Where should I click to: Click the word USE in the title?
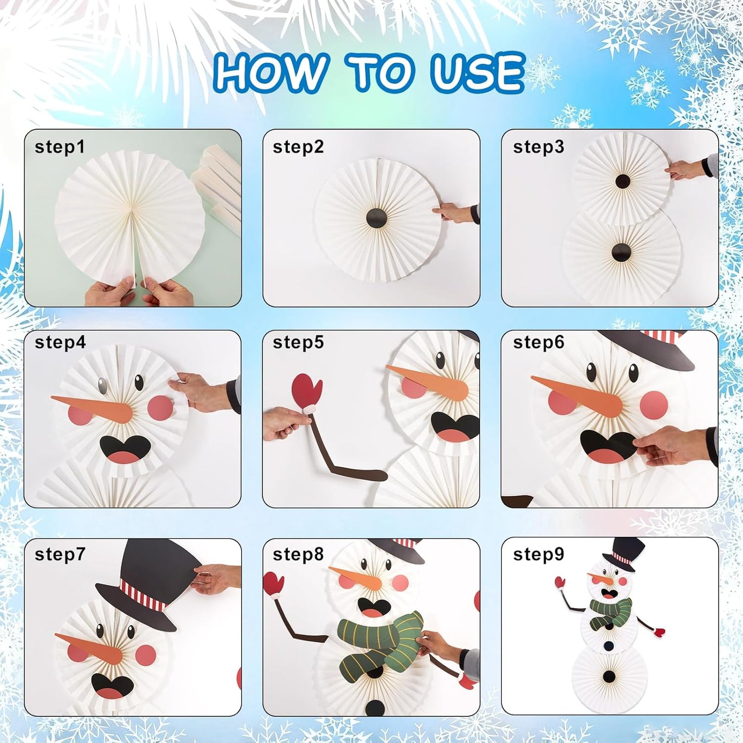[x=477, y=72]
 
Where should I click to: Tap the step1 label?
[x=59, y=147]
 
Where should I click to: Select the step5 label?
[x=298, y=342]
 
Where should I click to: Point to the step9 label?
[x=538, y=554]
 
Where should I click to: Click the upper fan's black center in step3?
[x=622, y=181]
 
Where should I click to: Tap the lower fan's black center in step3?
[x=621, y=252]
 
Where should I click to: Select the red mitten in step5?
[x=306, y=391]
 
